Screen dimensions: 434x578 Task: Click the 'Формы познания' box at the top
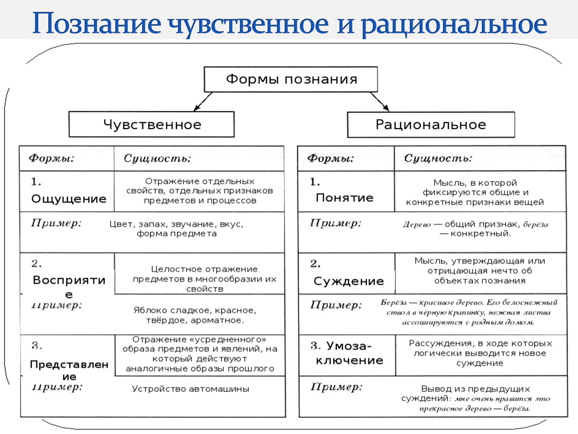[291, 79]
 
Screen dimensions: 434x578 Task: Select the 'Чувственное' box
[151, 125]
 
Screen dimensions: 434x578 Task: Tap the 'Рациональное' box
[431, 125]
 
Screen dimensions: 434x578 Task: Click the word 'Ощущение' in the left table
[69, 199]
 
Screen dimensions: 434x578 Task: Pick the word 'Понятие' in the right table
[344, 198]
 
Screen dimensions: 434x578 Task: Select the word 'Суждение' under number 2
[348, 281]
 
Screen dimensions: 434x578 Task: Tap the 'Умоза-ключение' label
[347, 353]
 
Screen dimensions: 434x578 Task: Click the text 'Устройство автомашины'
[190, 389]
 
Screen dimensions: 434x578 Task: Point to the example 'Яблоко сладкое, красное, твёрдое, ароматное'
[195, 315]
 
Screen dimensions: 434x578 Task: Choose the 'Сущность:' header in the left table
[157, 159]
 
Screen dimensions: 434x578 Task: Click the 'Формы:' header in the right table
[330, 159]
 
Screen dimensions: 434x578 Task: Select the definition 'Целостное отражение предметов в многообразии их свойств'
[205, 279]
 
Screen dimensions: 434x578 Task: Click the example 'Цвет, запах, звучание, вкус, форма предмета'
[179, 229]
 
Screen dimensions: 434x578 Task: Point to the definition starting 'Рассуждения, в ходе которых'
[480, 353]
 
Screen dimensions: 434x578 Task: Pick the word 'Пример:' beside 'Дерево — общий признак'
[335, 224]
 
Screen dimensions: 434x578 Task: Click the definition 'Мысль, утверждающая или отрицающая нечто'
[479, 271]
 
